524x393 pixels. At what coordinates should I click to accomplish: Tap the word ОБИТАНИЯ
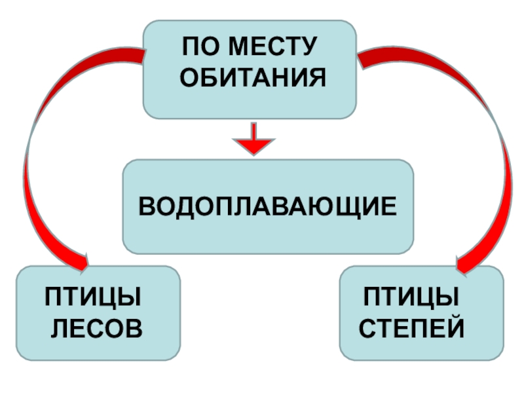tap(253, 79)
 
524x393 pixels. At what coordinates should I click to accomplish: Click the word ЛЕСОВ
tap(96, 326)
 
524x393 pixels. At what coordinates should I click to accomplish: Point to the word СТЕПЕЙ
tap(412, 326)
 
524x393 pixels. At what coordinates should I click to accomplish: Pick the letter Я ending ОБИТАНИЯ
tap(317, 79)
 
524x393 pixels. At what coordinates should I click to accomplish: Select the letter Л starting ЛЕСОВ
tap(59, 326)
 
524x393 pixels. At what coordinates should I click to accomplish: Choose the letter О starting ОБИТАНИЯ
tap(189, 79)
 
